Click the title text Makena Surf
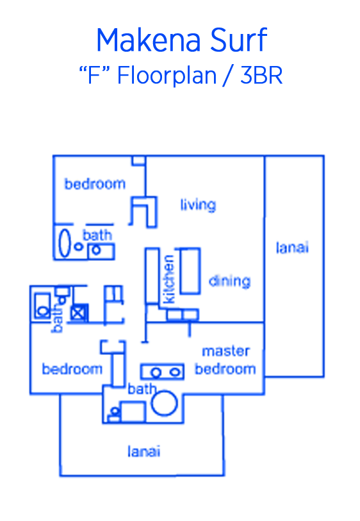click(x=182, y=40)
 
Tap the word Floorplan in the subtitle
click(x=167, y=76)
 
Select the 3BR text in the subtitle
click(x=261, y=76)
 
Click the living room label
click(x=199, y=204)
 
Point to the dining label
click(x=229, y=281)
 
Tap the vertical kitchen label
click(x=169, y=279)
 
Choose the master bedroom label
click(x=225, y=360)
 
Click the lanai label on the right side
click(x=292, y=247)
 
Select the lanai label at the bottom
click(x=143, y=451)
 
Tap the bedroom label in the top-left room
click(x=95, y=183)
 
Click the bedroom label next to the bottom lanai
click(x=72, y=369)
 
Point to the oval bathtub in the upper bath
click(x=65, y=243)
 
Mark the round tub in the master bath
click(x=164, y=403)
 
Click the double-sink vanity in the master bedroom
click(x=163, y=372)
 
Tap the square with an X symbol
click(x=79, y=313)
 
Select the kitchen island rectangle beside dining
click(x=190, y=271)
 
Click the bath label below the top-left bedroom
click(x=97, y=235)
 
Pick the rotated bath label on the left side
click(x=58, y=318)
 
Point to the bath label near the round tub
click(x=142, y=389)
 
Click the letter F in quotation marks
click(x=94, y=76)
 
